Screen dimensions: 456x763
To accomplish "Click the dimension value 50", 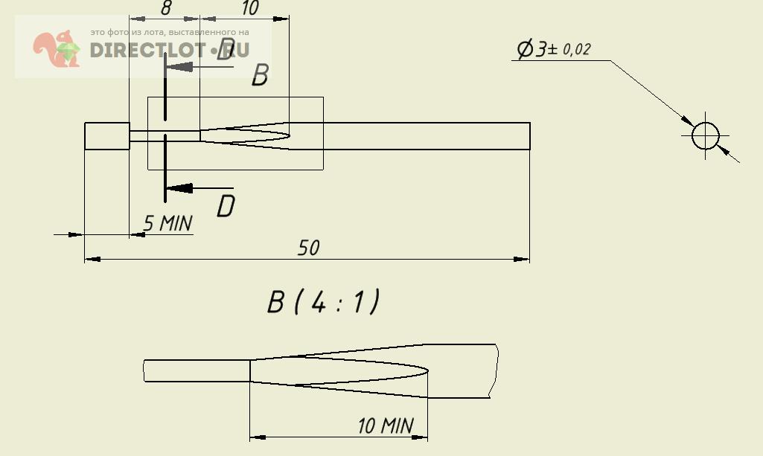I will tap(308, 248).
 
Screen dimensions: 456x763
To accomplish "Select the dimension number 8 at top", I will tap(166, 8).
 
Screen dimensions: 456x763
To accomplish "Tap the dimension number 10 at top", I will tap(249, 8).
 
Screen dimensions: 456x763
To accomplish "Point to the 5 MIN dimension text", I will tap(167, 222).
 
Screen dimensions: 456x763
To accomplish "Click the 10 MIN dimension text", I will tap(385, 426).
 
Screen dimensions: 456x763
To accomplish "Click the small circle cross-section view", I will tap(706, 136).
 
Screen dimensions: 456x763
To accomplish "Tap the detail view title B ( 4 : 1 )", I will tap(324, 302).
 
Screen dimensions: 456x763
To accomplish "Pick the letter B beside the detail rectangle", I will tap(260, 75).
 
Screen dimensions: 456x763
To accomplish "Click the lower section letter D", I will tap(226, 206).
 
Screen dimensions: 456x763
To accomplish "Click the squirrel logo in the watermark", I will tap(56, 49).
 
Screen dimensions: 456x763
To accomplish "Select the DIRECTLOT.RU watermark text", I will tap(169, 50).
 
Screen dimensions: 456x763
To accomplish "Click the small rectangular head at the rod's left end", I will tap(107, 136).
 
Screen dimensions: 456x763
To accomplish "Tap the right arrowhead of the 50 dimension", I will tap(522, 259).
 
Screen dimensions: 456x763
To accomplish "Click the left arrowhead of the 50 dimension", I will tap(92, 259).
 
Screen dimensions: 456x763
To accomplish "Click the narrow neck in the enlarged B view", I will tap(197, 370).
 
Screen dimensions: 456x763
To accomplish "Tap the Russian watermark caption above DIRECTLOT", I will tap(169, 33).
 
